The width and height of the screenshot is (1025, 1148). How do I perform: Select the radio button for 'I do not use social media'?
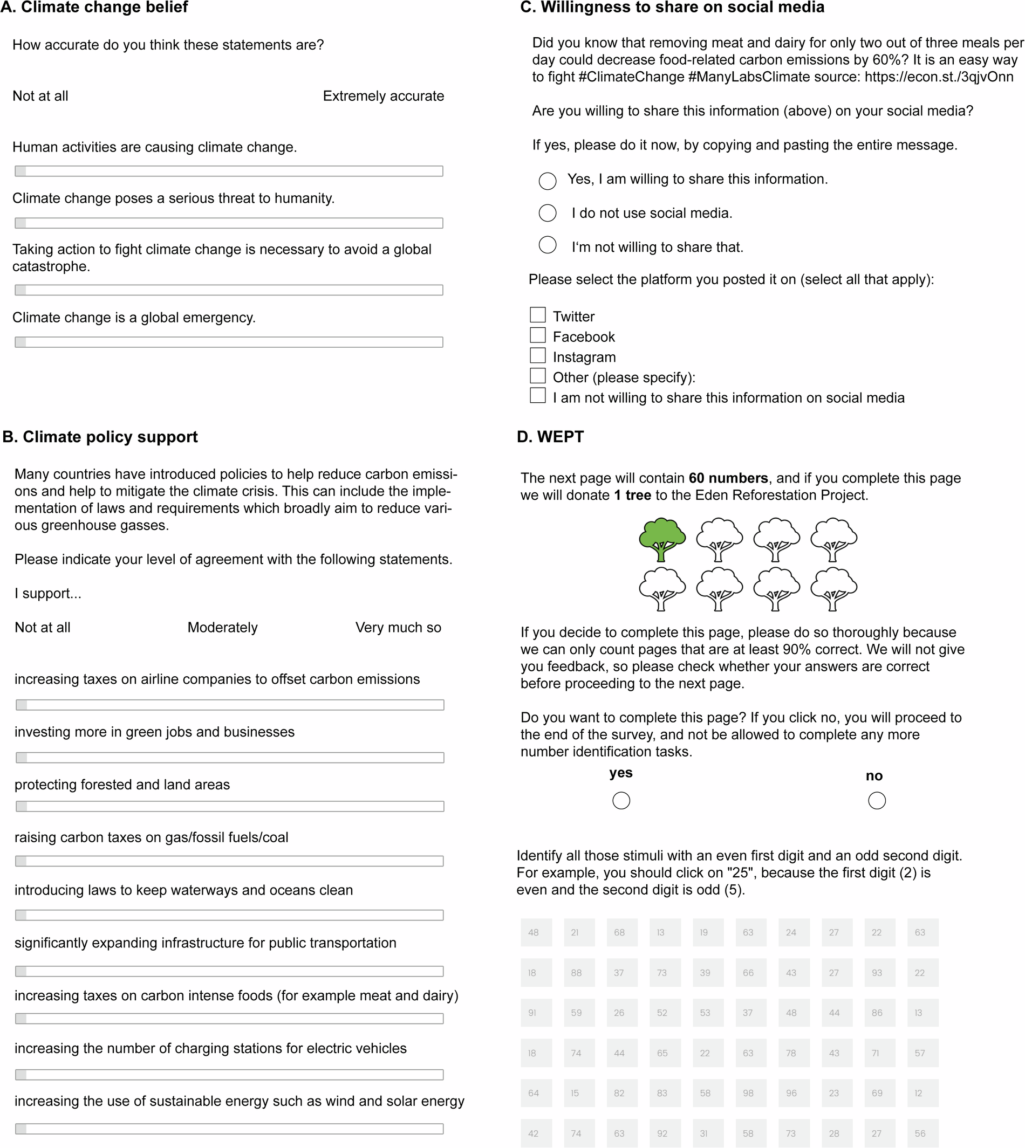[548, 213]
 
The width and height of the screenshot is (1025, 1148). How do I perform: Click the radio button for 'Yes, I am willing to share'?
[548, 181]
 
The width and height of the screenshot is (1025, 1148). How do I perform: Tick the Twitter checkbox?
[538, 315]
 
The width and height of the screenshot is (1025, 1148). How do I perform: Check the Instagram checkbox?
[538, 355]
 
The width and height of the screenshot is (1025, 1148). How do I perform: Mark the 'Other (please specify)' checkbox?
[538, 375]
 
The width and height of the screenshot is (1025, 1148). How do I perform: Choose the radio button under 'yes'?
[621, 801]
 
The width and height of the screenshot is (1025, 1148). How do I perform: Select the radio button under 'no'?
[877, 801]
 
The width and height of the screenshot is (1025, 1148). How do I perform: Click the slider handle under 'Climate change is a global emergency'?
[21, 342]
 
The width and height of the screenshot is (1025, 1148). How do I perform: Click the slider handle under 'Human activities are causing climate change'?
[21, 171]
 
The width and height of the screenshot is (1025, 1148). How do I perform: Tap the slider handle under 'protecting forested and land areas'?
[22, 807]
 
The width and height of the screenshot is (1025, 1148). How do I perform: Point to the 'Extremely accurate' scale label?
[383, 97]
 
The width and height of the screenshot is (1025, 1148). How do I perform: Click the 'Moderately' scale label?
[222, 628]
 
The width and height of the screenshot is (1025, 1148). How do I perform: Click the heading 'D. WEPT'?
[550, 437]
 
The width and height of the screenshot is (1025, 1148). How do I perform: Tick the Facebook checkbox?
[538, 335]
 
